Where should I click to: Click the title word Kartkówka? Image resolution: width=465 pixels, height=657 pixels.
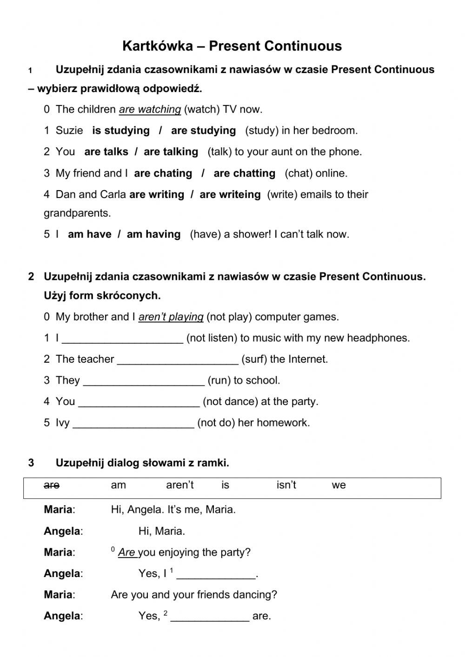coord(158,46)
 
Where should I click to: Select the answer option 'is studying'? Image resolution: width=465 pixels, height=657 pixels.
coord(121,131)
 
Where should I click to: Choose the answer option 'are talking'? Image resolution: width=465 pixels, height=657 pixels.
coord(171,152)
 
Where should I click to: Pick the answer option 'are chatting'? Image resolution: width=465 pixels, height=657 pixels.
coord(244,173)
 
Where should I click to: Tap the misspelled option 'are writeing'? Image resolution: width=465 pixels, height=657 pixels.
coord(230,195)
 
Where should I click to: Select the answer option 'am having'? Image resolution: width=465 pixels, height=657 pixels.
coord(153,234)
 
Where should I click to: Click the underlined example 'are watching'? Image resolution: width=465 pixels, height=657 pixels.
coord(150,110)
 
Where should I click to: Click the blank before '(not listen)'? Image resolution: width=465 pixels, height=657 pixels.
coord(122,338)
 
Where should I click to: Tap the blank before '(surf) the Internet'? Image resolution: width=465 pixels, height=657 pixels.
coord(178,359)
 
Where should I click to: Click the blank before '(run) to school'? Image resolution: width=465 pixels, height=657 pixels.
coord(144,381)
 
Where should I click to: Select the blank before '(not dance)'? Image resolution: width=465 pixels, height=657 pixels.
coord(139,402)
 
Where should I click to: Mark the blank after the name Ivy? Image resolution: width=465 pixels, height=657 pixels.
coord(133,423)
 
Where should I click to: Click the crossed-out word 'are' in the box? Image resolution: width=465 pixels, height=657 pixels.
coord(52,485)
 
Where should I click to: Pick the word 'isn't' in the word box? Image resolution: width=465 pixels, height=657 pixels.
coord(286,485)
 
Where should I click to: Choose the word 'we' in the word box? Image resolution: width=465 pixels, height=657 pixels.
coord(339,485)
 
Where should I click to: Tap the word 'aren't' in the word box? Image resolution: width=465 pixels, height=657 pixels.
coord(179,485)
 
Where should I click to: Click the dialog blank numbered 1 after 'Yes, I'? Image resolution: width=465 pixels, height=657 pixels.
coord(216,574)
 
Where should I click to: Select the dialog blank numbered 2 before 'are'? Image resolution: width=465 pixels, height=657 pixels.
coord(210,617)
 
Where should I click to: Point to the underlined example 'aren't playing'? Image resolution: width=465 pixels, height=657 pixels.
coord(171,317)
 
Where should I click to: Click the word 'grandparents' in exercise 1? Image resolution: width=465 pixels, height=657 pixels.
coord(77,213)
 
